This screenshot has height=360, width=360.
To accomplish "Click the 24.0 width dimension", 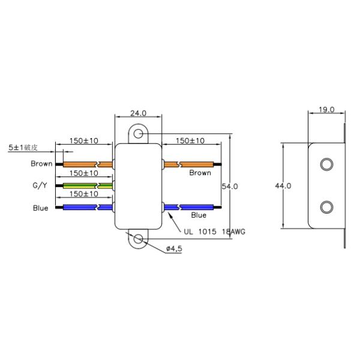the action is coord(138,113).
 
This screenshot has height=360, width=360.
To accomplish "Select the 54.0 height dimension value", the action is coord(230,187).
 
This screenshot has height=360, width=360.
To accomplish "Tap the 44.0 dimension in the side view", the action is coord(283,186).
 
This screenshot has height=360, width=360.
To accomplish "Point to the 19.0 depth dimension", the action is coord(326,110).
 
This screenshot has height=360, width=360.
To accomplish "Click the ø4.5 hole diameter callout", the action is coord(174,248).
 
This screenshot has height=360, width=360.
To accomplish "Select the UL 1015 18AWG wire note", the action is coord(214,232).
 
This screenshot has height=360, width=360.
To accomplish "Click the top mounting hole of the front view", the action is coord(138,133).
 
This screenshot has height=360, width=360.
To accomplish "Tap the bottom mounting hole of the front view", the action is coord(138,239).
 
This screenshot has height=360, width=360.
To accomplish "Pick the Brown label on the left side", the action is coord(41,164).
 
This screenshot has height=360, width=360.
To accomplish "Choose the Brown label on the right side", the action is coord(200,173).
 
